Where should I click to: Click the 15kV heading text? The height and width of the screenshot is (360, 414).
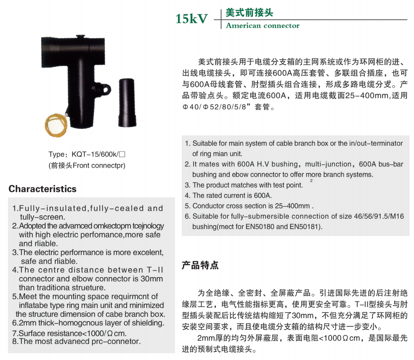[x=192, y=19]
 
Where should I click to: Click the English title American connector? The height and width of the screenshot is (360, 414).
[x=262, y=26]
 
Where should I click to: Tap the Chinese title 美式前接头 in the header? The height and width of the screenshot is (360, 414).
[x=249, y=13]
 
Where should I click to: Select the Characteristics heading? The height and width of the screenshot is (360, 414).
[x=42, y=189]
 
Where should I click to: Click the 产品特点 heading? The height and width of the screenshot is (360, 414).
[x=200, y=265]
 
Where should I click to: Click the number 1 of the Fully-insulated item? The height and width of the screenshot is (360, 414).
[x=14, y=208]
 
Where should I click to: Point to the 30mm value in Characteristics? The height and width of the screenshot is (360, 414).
[x=151, y=279]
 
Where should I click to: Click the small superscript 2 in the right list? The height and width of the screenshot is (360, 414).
[x=311, y=180]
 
